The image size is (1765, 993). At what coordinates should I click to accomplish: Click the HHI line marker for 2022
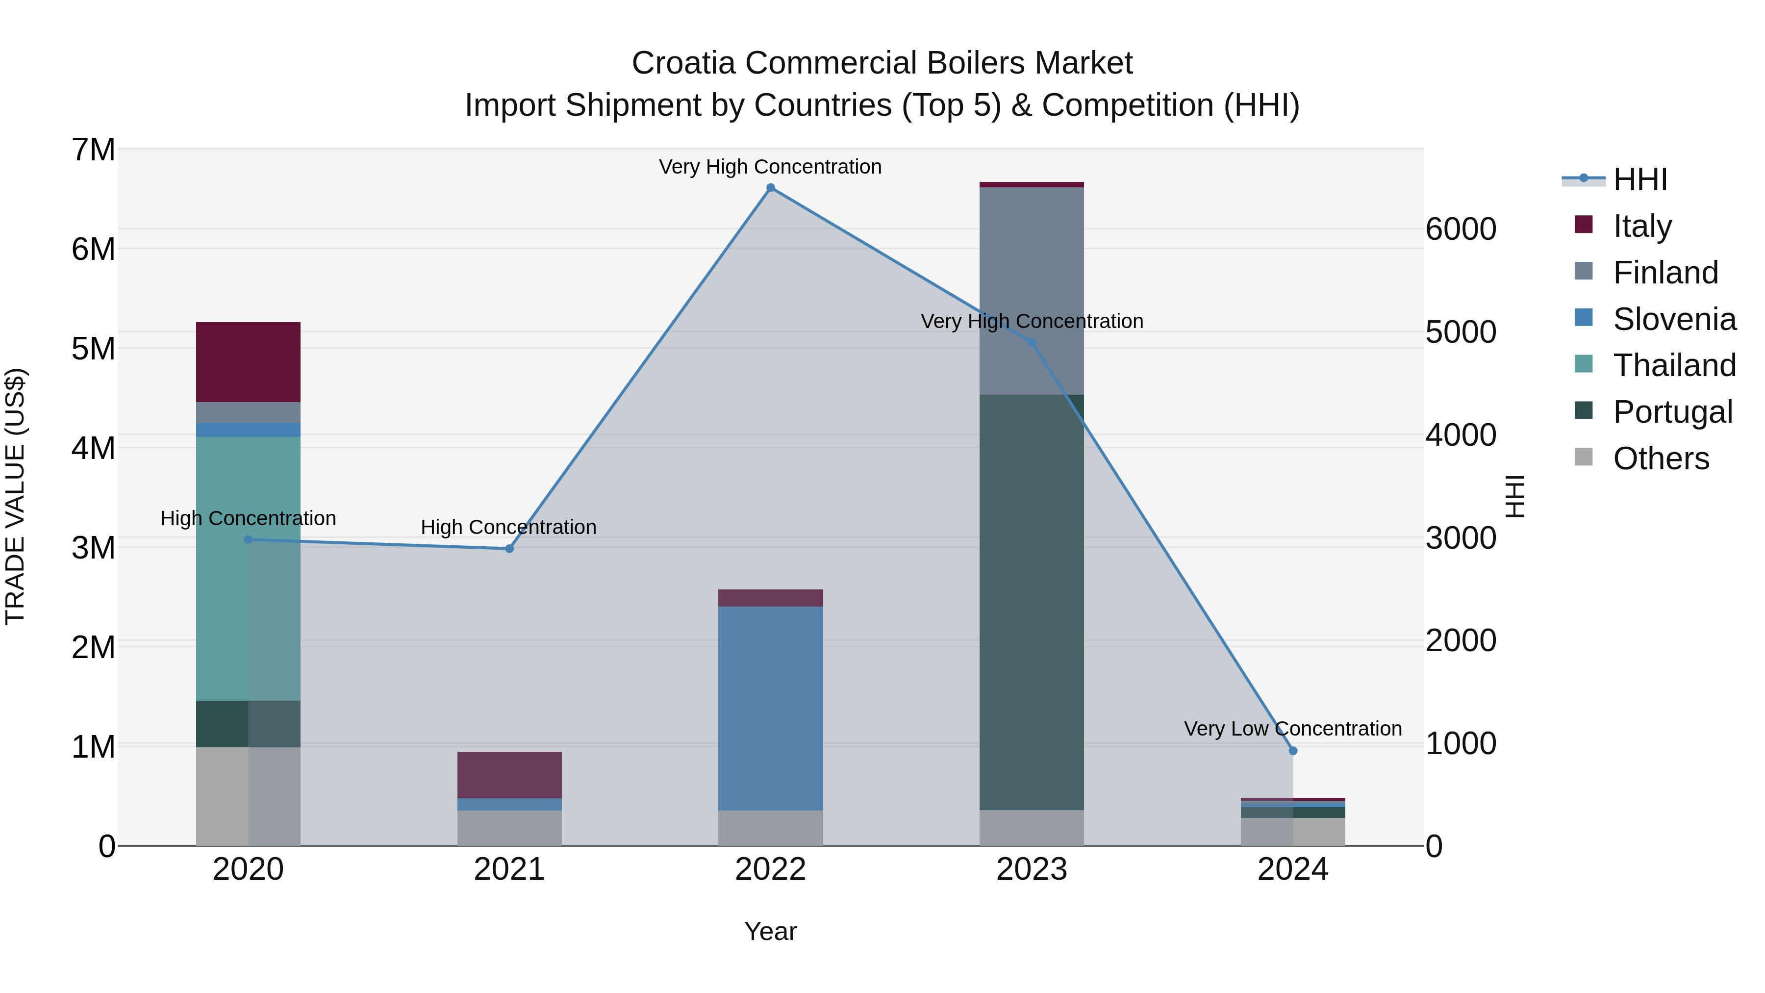[x=770, y=188]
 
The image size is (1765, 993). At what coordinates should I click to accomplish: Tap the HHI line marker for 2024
[x=1293, y=750]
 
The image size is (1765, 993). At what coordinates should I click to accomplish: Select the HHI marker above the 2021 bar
[x=509, y=549]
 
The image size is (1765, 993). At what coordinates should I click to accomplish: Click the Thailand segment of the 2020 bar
[x=248, y=569]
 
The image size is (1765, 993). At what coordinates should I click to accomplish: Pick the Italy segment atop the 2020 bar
[x=248, y=362]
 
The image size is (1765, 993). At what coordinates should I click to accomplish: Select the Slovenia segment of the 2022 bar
[x=770, y=708]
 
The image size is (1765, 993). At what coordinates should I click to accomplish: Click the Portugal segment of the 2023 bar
[x=1031, y=603]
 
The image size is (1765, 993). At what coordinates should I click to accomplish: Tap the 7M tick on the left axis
[x=93, y=150]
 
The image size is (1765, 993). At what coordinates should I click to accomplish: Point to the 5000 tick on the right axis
[x=1461, y=332]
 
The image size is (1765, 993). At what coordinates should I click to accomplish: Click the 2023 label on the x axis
[x=1031, y=869]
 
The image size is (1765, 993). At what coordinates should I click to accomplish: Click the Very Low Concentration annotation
[x=1292, y=729]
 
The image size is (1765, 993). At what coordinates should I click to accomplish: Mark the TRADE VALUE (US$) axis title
[x=16, y=496]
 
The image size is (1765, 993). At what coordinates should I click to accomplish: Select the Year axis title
[x=770, y=931]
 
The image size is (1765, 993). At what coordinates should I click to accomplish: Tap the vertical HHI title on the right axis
[x=1515, y=496]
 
